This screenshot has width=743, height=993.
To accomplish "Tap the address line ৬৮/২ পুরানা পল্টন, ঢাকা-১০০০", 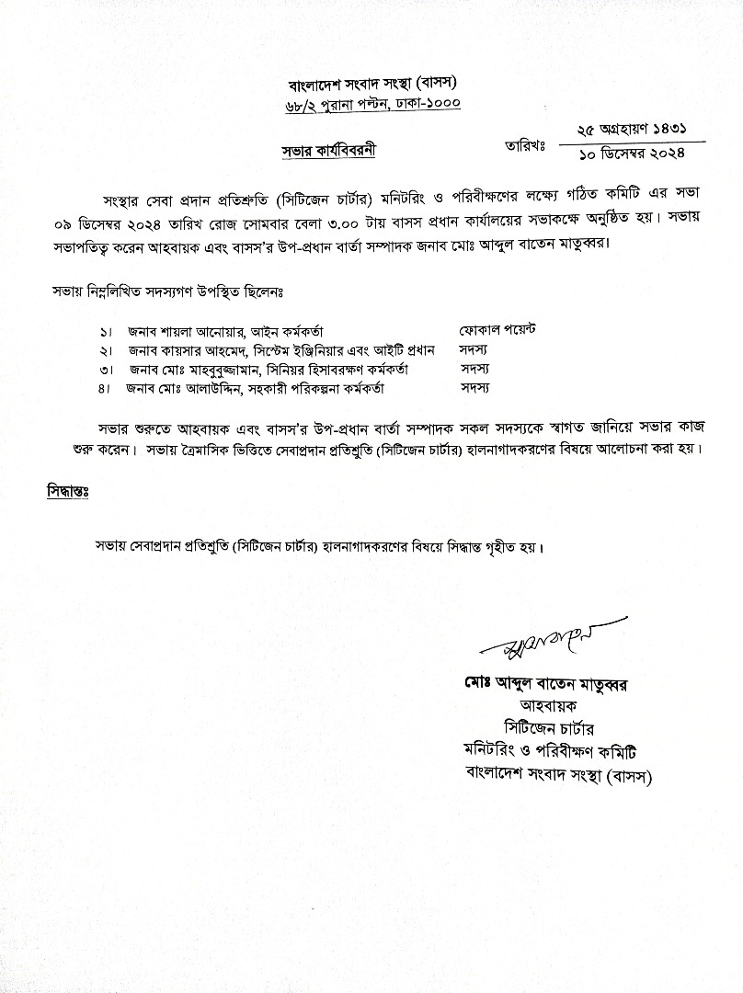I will (372, 108).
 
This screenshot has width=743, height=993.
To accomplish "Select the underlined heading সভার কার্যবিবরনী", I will (329, 149).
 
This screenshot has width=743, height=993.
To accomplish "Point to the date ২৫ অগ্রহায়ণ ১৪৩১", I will (631, 131).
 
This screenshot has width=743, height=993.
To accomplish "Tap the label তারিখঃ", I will (526, 144).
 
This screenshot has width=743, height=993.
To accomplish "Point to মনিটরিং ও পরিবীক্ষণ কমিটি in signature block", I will (556, 750).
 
